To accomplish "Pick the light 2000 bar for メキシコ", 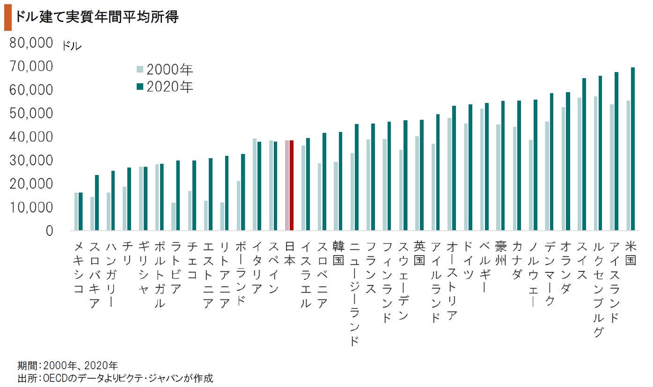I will pyautogui.click(x=76, y=212).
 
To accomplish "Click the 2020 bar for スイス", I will pyautogui.click(x=584, y=154).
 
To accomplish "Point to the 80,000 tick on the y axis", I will pyautogui.click(x=30, y=44).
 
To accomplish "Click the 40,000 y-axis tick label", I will pyautogui.click(x=30, y=137).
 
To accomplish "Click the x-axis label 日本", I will pyautogui.click(x=289, y=253).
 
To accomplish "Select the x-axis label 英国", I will pyautogui.click(x=419, y=253).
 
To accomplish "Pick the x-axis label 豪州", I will pyautogui.click(x=500, y=253).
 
